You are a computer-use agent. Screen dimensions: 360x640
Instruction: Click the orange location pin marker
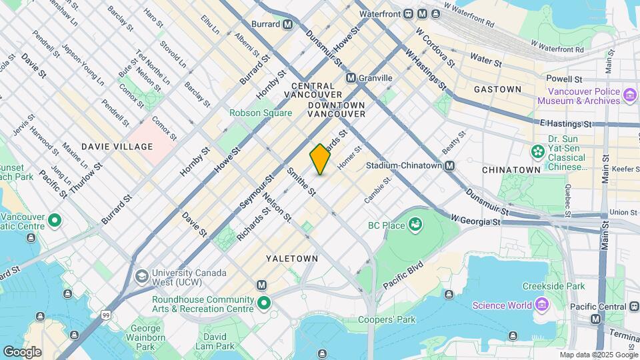320,159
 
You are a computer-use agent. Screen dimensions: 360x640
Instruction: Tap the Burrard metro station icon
287,24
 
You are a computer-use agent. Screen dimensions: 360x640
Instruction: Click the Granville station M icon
351,78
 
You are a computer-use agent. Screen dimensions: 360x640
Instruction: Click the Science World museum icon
542,305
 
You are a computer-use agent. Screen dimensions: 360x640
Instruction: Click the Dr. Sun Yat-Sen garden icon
537,152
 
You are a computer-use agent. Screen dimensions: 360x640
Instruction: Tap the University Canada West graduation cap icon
141,276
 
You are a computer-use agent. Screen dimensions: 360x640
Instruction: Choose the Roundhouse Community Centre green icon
264,304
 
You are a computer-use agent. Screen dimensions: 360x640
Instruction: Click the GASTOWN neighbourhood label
497,89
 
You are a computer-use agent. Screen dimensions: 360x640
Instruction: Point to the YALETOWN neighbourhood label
292,258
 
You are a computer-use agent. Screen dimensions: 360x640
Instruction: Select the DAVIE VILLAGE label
117,146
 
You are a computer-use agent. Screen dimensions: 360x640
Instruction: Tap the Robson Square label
261,113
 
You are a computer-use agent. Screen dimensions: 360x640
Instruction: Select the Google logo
22,351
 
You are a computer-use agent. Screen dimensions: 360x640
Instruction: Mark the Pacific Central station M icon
595,319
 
